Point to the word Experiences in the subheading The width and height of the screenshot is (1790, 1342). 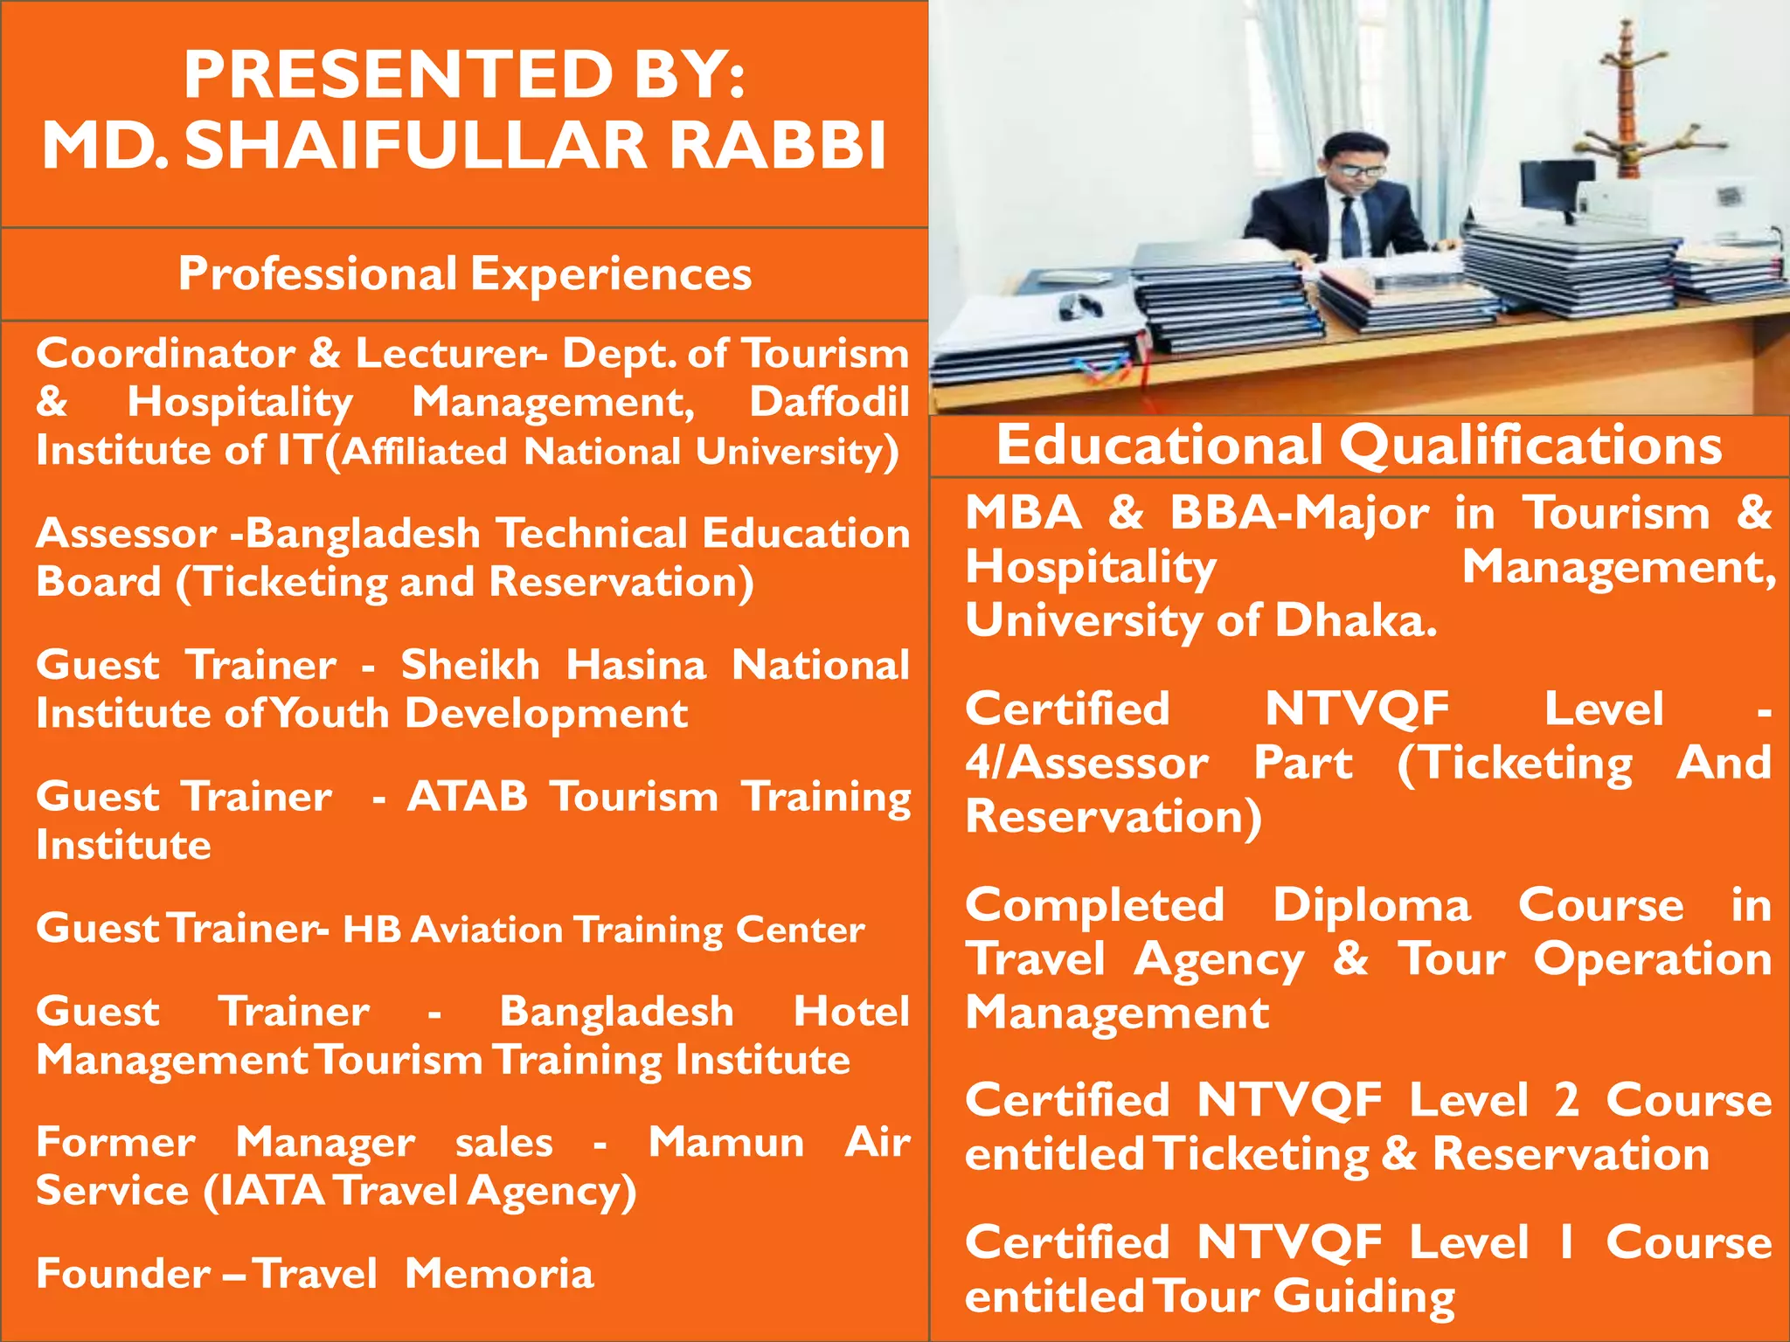pos(611,273)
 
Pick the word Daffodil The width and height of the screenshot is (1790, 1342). pos(829,402)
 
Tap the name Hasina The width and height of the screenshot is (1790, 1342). pos(635,665)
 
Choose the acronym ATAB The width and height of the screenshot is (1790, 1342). pos(467,796)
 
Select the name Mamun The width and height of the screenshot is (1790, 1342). pos(725,1142)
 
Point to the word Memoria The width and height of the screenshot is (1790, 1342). pos(499,1274)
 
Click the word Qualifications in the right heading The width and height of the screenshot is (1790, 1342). pos(1530,446)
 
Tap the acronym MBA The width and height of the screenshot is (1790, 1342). pos(1023,512)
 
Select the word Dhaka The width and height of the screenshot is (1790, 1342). pos(1355,621)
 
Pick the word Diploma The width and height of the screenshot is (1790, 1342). pos(1371,905)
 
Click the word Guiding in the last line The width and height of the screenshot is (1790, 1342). pos(1363,1297)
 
